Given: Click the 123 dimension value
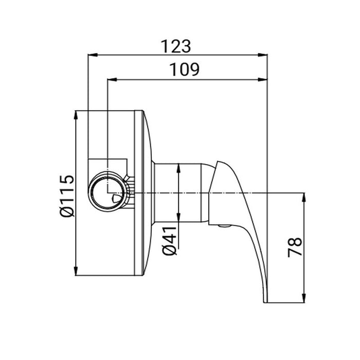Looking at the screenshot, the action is (176, 46).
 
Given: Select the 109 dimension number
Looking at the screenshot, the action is (184, 69).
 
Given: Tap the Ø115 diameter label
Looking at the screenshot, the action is (67, 196).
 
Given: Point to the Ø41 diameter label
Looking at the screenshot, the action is (169, 241).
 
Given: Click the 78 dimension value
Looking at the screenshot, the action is (295, 247).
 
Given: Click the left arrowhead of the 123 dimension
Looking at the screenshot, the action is (93, 55).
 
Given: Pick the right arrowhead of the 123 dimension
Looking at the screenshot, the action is (262, 55).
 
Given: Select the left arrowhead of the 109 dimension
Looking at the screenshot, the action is (112, 79).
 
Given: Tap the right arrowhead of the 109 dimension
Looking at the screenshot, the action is (262, 79).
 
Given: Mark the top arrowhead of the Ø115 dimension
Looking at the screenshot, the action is (76, 116).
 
